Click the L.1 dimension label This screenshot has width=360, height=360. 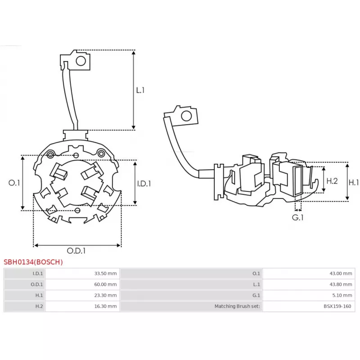click(140, 90)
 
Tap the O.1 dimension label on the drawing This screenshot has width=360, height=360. click(14, 183)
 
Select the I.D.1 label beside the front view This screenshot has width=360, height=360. click(144, 183)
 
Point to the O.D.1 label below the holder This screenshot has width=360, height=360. click(76, 251)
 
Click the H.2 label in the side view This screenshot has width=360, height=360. click(332, 181)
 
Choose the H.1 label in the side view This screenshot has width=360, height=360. click(354, 182)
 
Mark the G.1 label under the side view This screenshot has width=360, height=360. click(298, 217)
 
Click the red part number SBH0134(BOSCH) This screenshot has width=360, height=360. click(33, 261)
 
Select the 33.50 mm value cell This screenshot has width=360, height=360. click(106, 273)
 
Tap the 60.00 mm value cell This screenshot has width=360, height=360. click(106, 284)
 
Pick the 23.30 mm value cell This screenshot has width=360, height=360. click(106, 295)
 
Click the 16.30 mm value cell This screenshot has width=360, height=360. click(106, 306)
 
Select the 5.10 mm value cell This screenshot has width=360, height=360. click(343, 295)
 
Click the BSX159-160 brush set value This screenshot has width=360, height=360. click(338, 306)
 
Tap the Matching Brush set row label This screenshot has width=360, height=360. click(237, 306)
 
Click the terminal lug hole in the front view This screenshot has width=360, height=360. click(81, 61)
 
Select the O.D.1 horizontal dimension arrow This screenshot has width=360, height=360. click(77, 245)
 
